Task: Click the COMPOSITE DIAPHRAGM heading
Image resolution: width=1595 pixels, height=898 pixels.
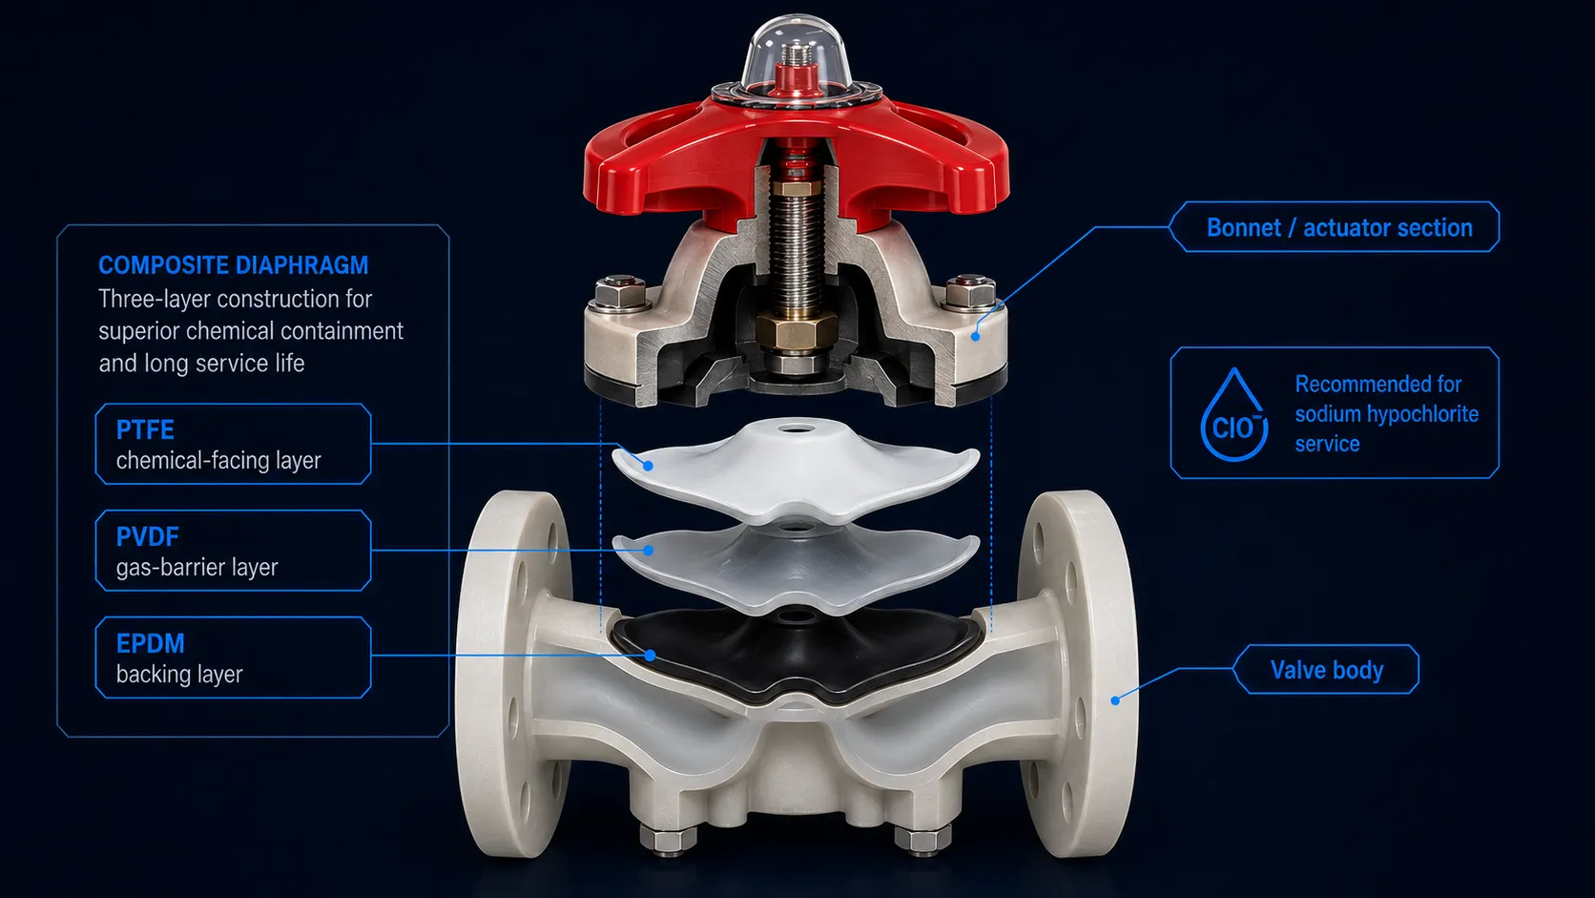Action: coord(233,265)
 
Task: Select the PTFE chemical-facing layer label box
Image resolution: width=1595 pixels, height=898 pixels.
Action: coord(233,444)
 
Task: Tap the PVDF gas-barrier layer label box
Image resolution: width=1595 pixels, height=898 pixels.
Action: coord(233,551)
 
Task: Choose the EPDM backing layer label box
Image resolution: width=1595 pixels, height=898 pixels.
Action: coord(233,658)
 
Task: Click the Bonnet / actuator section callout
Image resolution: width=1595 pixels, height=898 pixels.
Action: coord(1335,227)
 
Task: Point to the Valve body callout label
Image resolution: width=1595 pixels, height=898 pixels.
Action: coord(1326,669)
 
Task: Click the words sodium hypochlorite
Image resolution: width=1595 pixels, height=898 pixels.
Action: coord(1386,414)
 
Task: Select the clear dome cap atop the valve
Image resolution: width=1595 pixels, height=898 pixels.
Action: coord(796,54)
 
